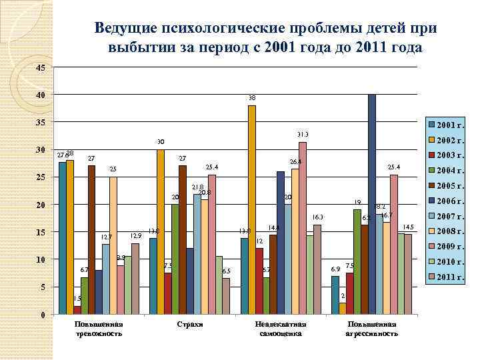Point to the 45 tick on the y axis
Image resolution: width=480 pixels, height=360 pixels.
[x=41, y=68]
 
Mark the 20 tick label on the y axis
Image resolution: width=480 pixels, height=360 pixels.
[x=41, y=205]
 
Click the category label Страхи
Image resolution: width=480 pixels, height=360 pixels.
[x=189, y=324]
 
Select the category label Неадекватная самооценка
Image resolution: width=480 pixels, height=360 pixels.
[x=281, y=328]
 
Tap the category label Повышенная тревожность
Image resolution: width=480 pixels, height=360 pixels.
[x=99, y=328]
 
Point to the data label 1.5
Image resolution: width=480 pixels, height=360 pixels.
[x=77, y=299]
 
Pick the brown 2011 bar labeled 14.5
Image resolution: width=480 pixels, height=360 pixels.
[x=408, y=274]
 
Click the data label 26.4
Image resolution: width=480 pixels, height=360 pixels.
[x=295, y=161]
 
